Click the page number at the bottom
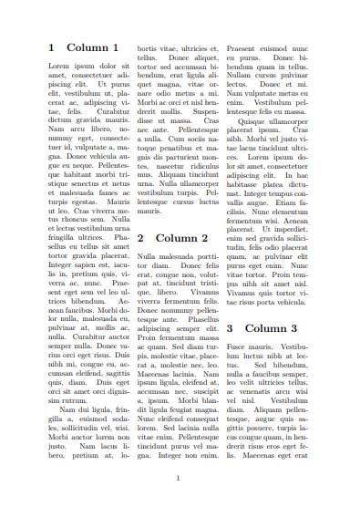click(x=179, y=478)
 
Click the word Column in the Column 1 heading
click(x=87, y=47)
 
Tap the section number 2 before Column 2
click(x=140, y=237)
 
